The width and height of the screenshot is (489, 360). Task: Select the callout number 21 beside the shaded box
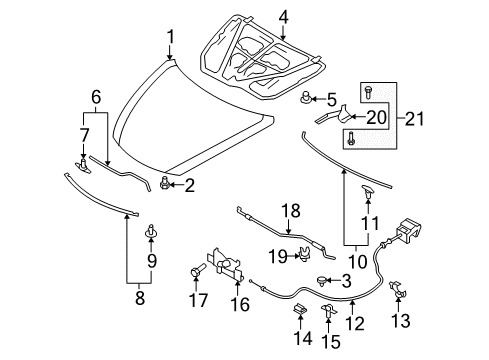[414, 119]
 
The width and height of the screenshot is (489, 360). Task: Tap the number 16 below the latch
[240, 304]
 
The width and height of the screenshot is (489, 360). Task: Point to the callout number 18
[291, 211]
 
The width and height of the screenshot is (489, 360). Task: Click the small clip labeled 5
[306, 98]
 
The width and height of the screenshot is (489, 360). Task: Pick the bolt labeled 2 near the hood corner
[165, 183]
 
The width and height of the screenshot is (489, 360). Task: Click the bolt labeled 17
[197, 270]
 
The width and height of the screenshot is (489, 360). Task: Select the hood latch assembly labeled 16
[225, 265]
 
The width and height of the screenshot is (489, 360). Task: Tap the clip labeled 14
[300, 309]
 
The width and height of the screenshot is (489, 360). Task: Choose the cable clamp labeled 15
[328, 311]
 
